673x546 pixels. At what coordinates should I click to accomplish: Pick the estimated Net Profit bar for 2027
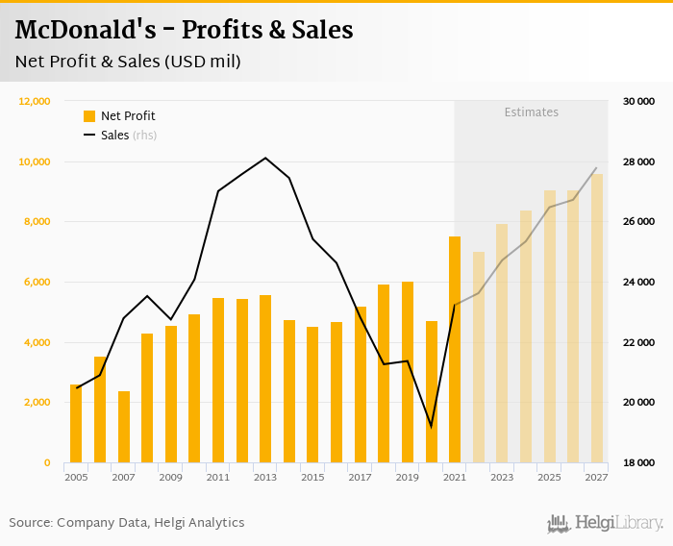(x=597, y=318)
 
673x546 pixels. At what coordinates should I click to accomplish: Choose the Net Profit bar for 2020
(x=432, y=391)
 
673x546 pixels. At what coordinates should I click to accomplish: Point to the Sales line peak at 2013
(x=265, y=158)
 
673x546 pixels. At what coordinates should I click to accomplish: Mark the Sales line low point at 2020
(x=431, y=426)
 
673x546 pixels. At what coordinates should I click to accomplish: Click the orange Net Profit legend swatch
(x=89, y=116)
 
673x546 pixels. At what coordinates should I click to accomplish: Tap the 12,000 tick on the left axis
(x=35, y=101)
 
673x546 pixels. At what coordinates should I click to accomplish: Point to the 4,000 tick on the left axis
(x=37, y=342)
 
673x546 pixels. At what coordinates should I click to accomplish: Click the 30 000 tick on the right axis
(x=638, y=101)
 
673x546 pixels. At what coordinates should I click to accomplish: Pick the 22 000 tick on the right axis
(x=638, y=342)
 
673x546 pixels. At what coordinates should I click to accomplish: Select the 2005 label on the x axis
(x=76, y=477)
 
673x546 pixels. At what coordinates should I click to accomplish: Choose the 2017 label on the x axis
(x=360, y=477)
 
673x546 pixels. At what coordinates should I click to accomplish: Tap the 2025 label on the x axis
(x=549, y=477)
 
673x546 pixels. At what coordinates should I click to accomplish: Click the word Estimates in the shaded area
(x=531, y=112)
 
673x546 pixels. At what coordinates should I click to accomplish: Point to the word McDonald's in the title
(x=78, y=30)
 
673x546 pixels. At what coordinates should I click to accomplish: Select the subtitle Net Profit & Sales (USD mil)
(x=128, y=62)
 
